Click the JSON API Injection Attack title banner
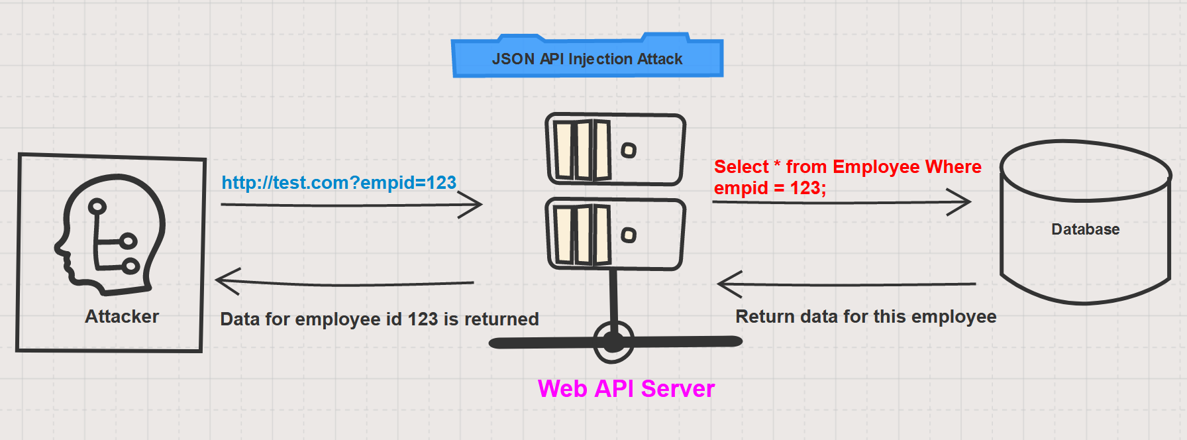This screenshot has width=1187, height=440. tap(587, 59)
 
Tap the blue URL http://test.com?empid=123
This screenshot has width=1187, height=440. tap(338, 182)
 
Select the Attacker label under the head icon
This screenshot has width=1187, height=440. tap(122, 316)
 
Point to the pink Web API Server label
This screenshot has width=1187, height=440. tap(626, 388)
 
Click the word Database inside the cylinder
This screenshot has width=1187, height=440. tap(1085, 229)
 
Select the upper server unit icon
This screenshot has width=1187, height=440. tap(615, 149)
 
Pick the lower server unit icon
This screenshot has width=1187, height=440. tap(615, 234)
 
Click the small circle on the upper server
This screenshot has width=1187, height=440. tap(629, 150)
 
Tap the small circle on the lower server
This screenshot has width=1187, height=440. tap(629, 235)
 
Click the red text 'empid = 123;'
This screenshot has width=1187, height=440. tap(770, 188)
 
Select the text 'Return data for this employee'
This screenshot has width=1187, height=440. tap(866, 317)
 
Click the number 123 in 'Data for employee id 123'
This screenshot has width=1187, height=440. tap(423, 319)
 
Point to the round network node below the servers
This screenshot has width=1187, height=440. tap(613, 342)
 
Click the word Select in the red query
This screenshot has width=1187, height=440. tap(741, 166)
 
